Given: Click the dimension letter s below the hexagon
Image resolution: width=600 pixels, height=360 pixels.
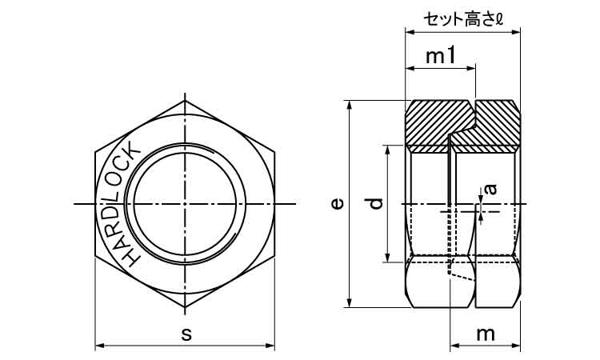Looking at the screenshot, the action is pos(186,334).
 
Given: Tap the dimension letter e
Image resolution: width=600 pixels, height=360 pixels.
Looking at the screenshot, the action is pos(337,203).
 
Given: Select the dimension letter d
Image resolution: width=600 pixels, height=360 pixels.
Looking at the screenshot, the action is pos(376,203).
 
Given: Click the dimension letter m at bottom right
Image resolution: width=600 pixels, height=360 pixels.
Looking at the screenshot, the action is pos(486,334).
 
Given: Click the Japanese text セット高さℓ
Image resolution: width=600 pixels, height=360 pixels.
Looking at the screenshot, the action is pos(463,19).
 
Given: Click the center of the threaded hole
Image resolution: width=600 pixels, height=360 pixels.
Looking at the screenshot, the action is pos(185,204).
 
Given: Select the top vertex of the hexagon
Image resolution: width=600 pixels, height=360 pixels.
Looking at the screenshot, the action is pos(185,101).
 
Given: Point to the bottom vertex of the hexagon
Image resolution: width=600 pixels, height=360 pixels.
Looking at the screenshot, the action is pos(185,307).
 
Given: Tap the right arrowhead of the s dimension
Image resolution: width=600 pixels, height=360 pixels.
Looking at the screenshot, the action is pos(270,346).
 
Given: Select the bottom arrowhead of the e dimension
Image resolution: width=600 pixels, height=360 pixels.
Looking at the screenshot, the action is pos(349,302).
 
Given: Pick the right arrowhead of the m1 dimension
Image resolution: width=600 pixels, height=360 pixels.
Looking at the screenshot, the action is pos(470,69).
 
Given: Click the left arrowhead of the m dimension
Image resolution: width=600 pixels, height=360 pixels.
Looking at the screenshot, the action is pos(455,346).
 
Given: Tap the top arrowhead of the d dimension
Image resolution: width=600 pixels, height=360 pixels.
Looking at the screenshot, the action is pos(388,150).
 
